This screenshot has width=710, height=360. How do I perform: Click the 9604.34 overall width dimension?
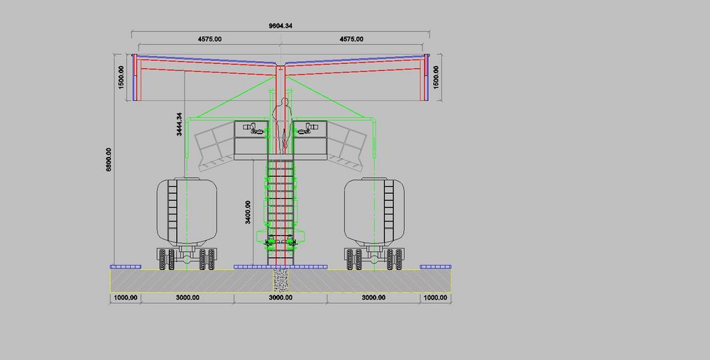click(x=280, y=26)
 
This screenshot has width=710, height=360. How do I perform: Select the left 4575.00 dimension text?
click(x=209, y=39)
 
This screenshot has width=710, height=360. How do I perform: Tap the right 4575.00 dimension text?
click(x=351, y=39)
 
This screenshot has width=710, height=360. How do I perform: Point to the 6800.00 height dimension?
click(x=109, y=159)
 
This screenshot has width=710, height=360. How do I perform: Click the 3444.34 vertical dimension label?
click(x=180, y=124)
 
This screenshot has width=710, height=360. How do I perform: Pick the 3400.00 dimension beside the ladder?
click(x=248, y=212)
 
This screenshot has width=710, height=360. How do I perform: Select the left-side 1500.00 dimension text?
click(x=121, y=77)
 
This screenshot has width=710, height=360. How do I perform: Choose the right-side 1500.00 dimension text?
click(x=436, y=77)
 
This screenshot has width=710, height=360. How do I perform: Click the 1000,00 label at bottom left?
click(x=126, y=298)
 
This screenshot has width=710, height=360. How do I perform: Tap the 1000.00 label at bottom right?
click(x=435, y=298)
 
